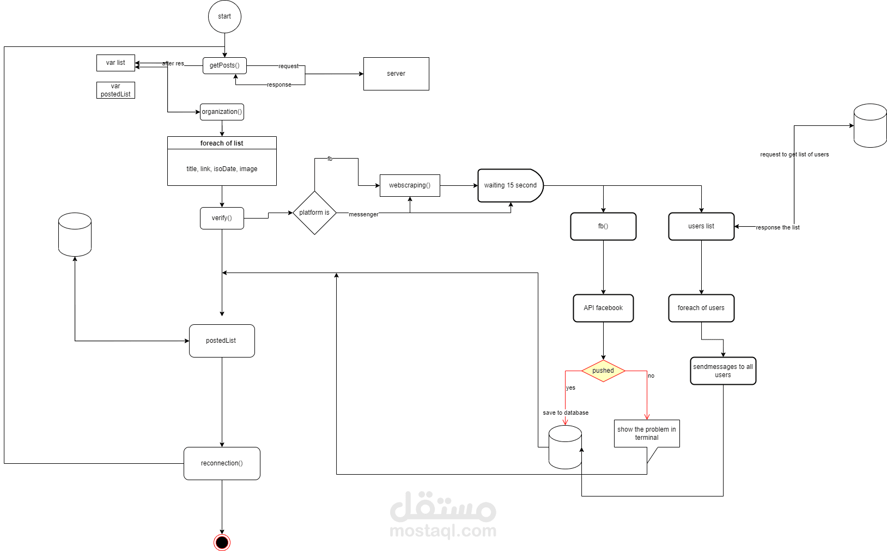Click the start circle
[x=224, y=17]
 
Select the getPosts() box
[x=224, y=65]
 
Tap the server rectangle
[x=396, y=74]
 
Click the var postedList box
[x=116, y=90]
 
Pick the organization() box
[x=222, y=112]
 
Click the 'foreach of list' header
[x=222, y=143]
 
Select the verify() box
[x=222, y=218]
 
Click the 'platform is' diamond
[x=314, y=213]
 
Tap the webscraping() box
[x=410, y=185]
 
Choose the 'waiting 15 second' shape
[x=511, y=185]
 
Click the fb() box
[x=603, y=226]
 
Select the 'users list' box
[x=701, y=226]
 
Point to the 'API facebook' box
[x=603, y=308]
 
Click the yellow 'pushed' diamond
[x=603, y=371]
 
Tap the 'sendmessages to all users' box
[x=723, y=371]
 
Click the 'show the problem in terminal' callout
[x=647, y=433]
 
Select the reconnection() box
[x=222, y=463]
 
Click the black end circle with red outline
[x=222, y=542]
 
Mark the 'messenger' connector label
[x=363, y=214]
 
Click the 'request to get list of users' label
[x=794, y=154]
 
